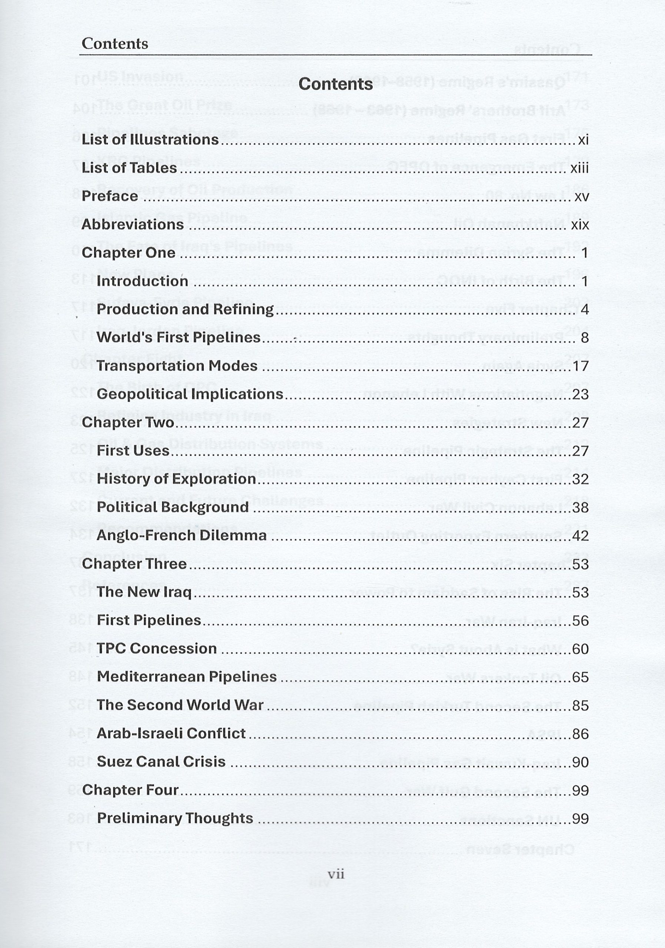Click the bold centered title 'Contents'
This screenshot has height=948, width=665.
pyautogui.click(x=335, y=84)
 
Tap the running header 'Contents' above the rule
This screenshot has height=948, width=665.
pyautogui.click(x=115, y=44)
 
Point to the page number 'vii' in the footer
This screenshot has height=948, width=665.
pyautogui.click(x=335, y=874)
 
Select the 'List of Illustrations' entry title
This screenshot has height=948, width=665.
pyautogui.click(x=150, y=140)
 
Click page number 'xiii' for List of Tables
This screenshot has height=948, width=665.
pyautogui.click(x=579, y=168)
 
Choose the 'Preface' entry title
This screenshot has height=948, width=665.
pyautogui.click(x=110, y=196)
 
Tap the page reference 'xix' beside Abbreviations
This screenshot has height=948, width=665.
pyautogui.click(x=579, y=225)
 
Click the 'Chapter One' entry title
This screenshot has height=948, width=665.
pyautogui.click(x=129, y=253)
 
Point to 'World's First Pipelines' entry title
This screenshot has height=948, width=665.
pyautogui.click(x=179, y=338)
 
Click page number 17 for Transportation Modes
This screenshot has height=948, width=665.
pyautogui.click(x=580, y=366)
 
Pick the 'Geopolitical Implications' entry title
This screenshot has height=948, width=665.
pyautogui.click(x=190, y=394)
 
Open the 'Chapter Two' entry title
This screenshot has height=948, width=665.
pyautogui.click(x=128, y=423)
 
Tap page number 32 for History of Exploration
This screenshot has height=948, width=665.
pyautogui.click(x=580, y=479)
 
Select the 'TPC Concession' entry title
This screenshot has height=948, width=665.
pyautogui.click(x=157, y=649)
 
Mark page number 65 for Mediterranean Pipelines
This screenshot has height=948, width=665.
pyautogui.click(x=580, y=677)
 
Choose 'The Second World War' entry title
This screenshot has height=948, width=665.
pyautogui.click(x=180, y=705)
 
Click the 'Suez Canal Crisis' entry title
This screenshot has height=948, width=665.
pyautogui.click(x=162, y=762)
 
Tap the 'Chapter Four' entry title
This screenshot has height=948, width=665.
pyautogui.click(x=130, y=790)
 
